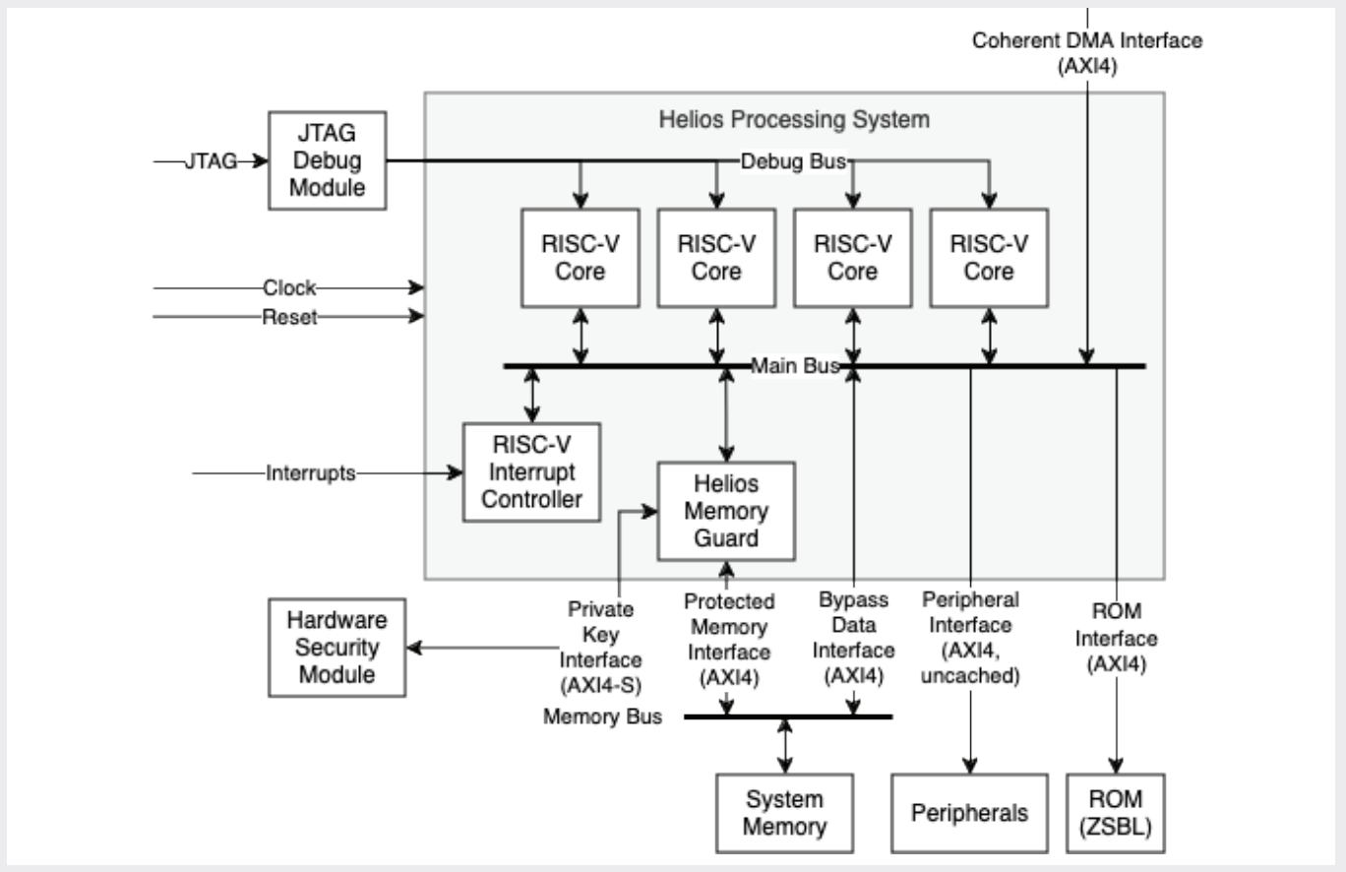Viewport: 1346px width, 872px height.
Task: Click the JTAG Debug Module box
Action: click(327, 159)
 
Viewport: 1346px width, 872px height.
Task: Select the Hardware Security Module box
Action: click(337, 648)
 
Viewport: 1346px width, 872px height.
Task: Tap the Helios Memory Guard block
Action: click(726, 512)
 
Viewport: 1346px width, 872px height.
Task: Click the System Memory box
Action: click(784, 813)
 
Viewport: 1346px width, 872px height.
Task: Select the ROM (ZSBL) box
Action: click(1116, 813)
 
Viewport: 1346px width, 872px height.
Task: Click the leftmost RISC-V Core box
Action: click(580, 257)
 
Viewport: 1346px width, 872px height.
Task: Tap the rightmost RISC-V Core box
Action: click(988, 257)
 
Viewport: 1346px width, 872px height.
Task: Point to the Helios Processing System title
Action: click(793, 121)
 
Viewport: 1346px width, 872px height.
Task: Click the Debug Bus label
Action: click(793, 160)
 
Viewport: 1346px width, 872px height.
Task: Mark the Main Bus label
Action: click(795, 366)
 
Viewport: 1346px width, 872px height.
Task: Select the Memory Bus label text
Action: click(602, 716)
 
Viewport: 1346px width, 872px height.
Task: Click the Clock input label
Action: click(289, 288)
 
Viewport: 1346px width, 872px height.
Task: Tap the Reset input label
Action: click(289, 317)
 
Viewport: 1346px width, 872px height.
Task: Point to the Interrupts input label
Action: click(310, 473)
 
